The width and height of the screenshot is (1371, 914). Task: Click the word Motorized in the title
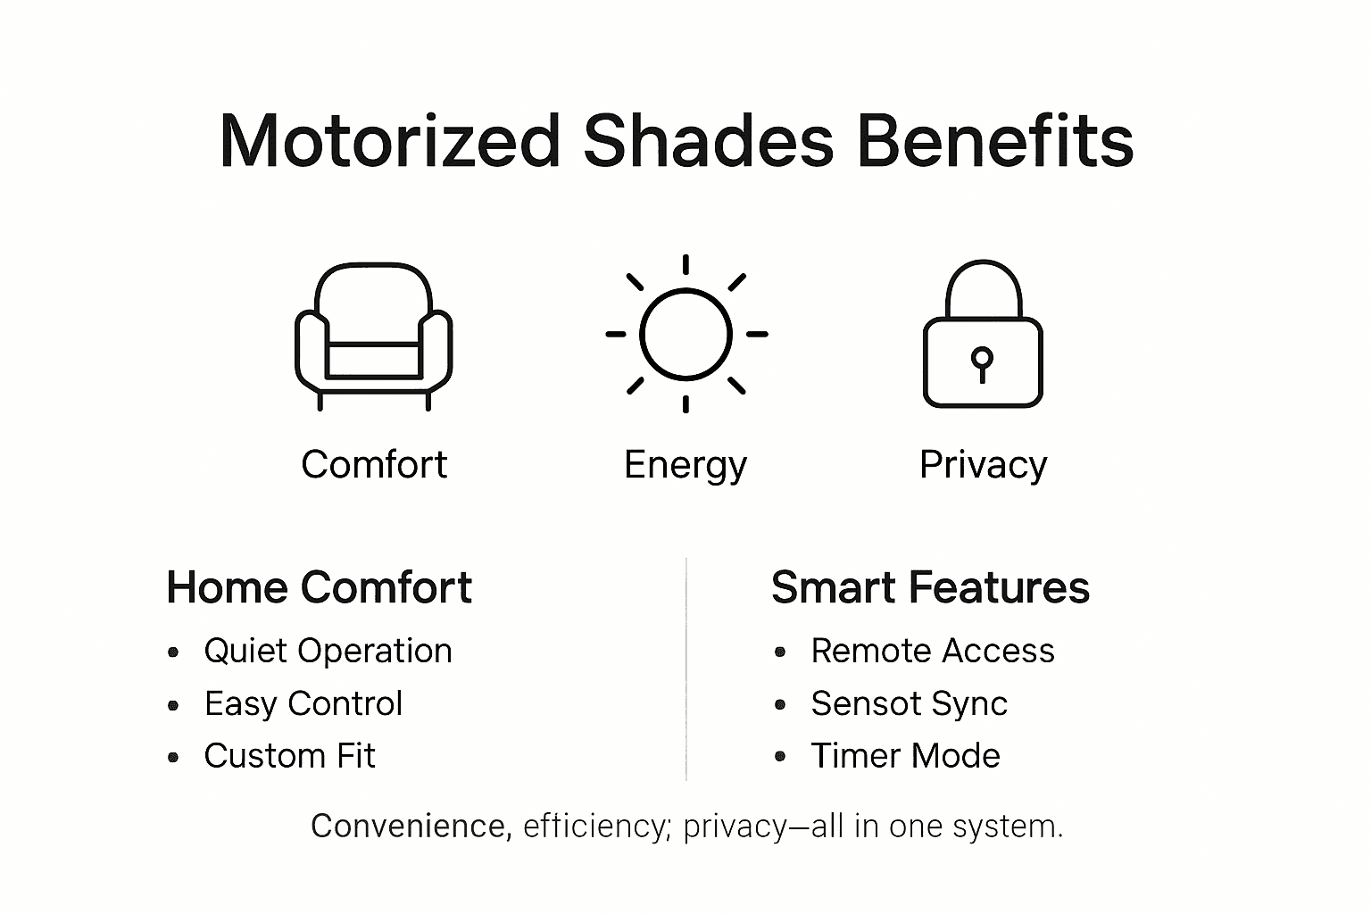pyautogui.click(x=389, y=141)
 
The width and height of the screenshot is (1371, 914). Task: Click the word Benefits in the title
pyautogui.click(x=995, y=141)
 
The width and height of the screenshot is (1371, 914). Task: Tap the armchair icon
pyautogui.click(x=373, y=336)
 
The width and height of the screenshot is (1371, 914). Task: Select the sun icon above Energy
pyautogui.click(x=685, y=334)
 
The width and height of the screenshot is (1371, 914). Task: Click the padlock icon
pyautogui.click(x=983, y=335)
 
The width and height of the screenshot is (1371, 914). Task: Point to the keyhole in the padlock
pyautogui.click(x=983, y=362)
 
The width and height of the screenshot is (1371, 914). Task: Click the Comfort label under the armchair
pyautogui.click(x=374, y=464)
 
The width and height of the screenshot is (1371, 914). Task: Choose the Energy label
pyautogui.click(x=685, y=465)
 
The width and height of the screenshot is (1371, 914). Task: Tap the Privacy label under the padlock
pyautogui.click(x=983, y=465)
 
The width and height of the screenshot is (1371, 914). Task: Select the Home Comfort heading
pyautogui.click(x=319, y=587)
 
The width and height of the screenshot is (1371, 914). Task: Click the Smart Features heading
pyautogui.click(x=930, y=587)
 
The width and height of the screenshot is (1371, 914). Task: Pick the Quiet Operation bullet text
pyautogui.click(x=328, y=651)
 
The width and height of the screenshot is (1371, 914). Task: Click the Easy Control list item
pyautogui.click(x=303, y=703)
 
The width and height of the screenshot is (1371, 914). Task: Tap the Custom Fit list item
pyautogui.click(x=289, y=756)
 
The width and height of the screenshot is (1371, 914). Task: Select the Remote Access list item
pyautogui.click(x=933, y=651)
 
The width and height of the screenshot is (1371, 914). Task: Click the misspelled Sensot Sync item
pyautogui.click(x=909, y=703)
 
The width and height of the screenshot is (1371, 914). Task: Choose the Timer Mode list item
pyautogui.click(x=905, y=756)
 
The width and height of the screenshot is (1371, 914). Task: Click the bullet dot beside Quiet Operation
pyautogui.click(x=173, y=652)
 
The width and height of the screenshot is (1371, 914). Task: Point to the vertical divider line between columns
pyautogui.click(x=685, y=669)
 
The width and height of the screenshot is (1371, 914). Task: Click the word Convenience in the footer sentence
pyautogui.click(x=411, y=826)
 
